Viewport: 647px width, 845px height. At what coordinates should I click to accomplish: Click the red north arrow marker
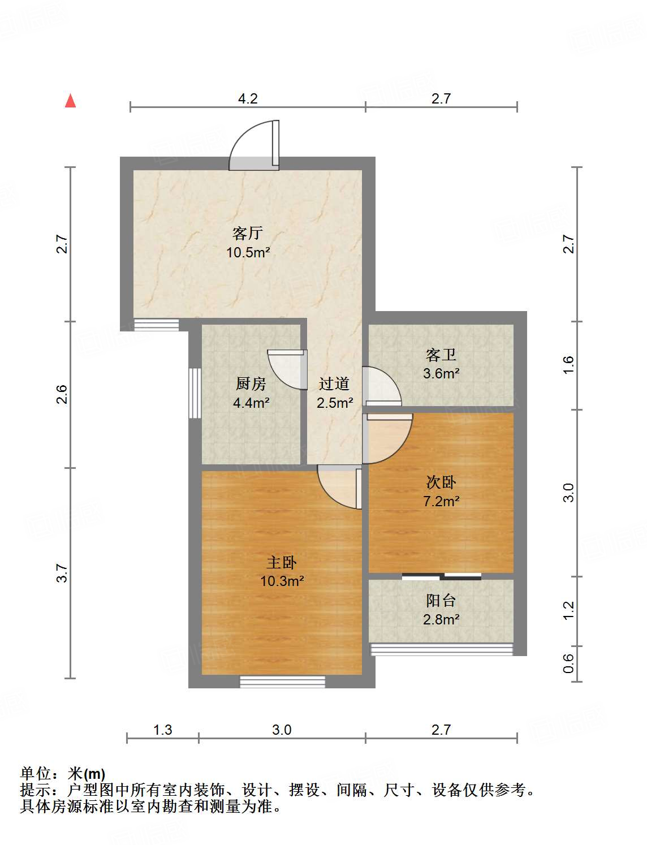click(71, 101)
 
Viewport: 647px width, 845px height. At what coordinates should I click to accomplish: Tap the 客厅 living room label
click(248, 233)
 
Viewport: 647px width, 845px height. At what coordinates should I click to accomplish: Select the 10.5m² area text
click(248, 252)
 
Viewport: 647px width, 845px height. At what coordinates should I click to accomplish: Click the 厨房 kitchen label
click(251, 383)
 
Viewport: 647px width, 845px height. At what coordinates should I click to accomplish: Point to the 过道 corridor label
click(334, 383)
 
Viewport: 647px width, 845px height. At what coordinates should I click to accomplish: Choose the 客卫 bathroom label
click(441, 355)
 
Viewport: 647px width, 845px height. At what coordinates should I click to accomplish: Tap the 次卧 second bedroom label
click(441, 482)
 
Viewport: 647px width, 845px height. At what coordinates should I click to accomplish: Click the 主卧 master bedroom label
click(282, 562)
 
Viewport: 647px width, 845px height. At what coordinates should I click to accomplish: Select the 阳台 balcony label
click(441, 601)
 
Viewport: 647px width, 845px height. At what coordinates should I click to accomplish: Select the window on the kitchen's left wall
click(195, 393)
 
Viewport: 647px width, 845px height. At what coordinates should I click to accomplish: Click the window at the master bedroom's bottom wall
click(282, 682)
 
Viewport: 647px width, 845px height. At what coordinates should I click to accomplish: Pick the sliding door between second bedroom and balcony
click(441, 576)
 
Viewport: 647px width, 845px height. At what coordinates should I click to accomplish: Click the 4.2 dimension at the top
click(248, 98)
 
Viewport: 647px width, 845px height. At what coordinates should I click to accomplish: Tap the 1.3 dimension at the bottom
click(162, 730)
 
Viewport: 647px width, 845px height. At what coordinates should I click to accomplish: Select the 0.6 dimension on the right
click(568, 663)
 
